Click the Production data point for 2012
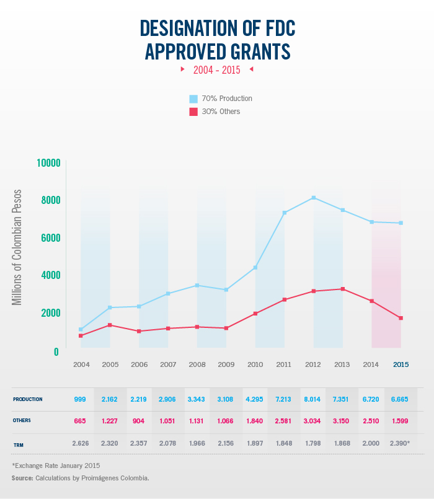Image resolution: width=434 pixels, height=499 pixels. (314, 198)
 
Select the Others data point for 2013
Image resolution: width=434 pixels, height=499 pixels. (343, 289)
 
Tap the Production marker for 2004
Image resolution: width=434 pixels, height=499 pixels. (81, 330)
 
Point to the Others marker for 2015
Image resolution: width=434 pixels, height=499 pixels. (401, 318)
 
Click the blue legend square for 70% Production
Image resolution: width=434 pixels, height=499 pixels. (193, 99)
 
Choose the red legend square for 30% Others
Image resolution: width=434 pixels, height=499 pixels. (193, 112)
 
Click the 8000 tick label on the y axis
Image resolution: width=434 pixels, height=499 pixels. (48, 200)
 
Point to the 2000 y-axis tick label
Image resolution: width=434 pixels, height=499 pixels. (48, 313)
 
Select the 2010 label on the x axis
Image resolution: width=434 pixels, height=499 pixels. (255, 364)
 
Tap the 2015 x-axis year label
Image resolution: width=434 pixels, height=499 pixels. (401, 364)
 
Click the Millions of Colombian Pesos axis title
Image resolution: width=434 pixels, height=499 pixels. (17, 247)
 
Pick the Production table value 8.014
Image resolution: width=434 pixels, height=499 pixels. (313, 399)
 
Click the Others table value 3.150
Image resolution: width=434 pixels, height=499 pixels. (342, 422)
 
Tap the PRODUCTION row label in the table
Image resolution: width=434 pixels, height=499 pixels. (28, 399)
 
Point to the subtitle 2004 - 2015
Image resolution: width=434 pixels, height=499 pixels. (216, 70)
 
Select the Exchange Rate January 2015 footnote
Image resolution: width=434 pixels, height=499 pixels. (56, 465)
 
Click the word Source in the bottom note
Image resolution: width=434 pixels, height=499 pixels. (22, 478)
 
